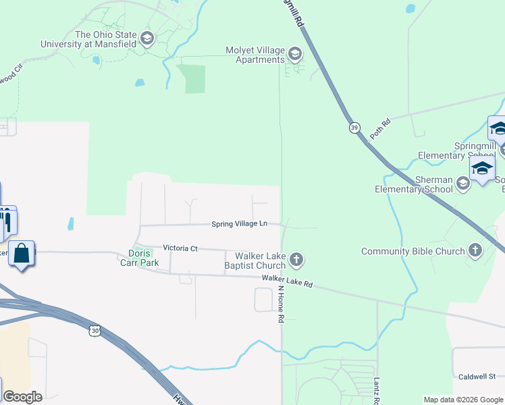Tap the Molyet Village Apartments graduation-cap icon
click(x=295, y=53)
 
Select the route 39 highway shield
click(x=354, y=128)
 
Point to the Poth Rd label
click(x=381, y=129)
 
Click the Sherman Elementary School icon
click(x=463, y=184)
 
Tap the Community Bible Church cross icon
click(x=475, y=251)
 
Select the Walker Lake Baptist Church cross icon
click(x=296, y=259)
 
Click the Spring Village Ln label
click(x=239, y=223)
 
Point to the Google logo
click(x=22, y=396)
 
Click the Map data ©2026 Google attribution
click(x=462, y=400)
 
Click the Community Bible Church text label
click(x=413, y=251)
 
